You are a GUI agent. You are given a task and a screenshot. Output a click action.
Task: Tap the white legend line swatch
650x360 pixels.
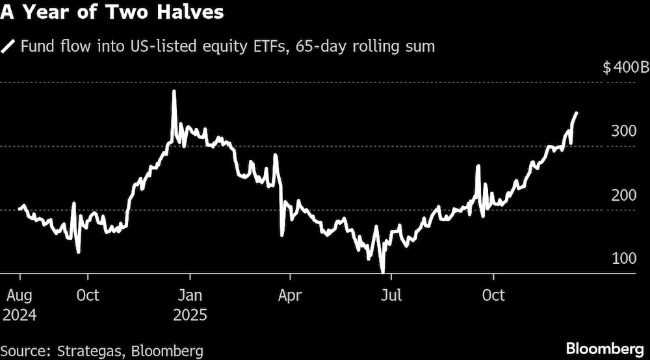[9, 47]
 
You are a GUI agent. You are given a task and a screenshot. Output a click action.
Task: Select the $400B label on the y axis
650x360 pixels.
[626, 68]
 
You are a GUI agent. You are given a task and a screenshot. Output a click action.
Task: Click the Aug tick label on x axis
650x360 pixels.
[19, 296]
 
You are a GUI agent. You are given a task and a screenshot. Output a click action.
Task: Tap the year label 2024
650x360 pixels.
[19, 316]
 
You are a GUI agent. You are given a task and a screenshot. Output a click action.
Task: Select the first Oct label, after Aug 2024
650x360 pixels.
[87, 296]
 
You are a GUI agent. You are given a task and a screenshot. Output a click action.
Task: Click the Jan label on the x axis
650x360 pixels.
[190, 296]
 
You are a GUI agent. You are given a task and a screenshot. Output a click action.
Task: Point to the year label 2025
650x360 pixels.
[190, 316]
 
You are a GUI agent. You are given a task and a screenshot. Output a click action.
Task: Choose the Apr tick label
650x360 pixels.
[289, 296]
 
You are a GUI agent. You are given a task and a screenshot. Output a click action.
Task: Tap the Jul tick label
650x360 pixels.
[391, 296]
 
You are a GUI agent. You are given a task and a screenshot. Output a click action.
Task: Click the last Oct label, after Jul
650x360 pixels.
[493, 296]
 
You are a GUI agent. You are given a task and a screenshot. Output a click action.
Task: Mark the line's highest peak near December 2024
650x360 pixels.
[174, 92]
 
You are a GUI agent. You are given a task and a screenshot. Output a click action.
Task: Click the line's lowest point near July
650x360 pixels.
[383, 272]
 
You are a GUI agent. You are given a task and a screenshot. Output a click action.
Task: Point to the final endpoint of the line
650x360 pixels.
[577, 113]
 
